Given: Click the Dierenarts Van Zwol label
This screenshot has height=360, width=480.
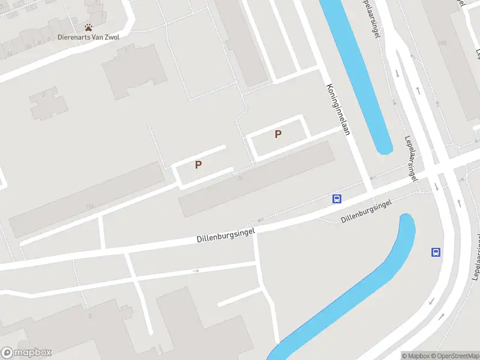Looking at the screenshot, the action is click(88, 37).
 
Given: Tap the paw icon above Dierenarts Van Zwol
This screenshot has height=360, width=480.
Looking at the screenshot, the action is click(88, 27).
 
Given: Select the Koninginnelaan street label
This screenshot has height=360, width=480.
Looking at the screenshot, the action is click(338, 109).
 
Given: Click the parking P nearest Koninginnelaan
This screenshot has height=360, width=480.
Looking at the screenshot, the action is click(278, 134).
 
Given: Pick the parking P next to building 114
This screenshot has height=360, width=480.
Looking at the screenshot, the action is click(198, 164).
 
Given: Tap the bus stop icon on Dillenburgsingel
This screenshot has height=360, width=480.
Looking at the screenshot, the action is click(337, 199).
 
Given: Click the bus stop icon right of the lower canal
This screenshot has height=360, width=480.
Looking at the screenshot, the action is click(436, 252).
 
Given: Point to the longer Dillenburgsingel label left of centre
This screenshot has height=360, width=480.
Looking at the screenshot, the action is click(226, 235).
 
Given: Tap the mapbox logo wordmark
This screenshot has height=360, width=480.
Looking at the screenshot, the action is click(27, 353).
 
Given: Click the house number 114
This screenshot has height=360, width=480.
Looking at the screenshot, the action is click(90, 207).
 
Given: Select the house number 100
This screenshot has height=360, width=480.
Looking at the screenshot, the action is click(442, 43).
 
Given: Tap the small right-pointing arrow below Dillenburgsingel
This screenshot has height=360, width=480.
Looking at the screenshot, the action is click(196, 271).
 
